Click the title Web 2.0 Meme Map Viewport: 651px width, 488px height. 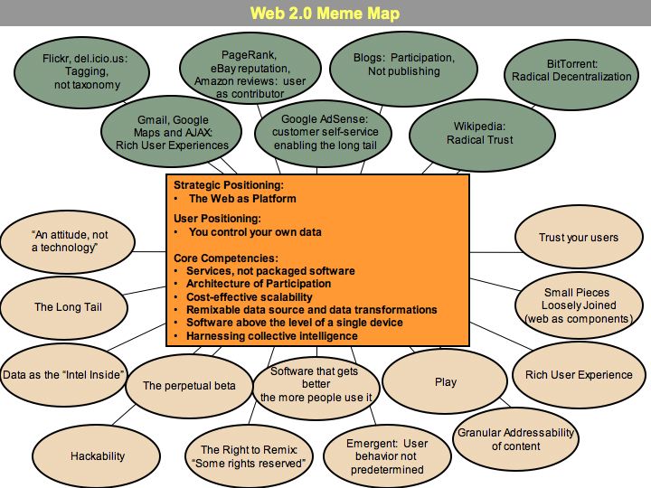(325, 14)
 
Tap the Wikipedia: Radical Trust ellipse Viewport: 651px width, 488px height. (479, 134)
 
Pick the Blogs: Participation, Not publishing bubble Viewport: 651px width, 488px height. (403, 65)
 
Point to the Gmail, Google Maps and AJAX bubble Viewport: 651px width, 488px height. (172, 132)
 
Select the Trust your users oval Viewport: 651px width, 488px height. (579, 238)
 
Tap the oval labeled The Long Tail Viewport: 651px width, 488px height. (68, 307)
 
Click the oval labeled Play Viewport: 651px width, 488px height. (446, 382)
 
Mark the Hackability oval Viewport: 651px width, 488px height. (98, 456)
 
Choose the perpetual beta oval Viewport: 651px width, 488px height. (189, 386)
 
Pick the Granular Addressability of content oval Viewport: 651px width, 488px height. (515, 439)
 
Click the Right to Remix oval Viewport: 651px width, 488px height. (253, 456)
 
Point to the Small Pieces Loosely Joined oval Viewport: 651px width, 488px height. (577, 305)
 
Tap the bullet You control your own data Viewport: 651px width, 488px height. (254, 232)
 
